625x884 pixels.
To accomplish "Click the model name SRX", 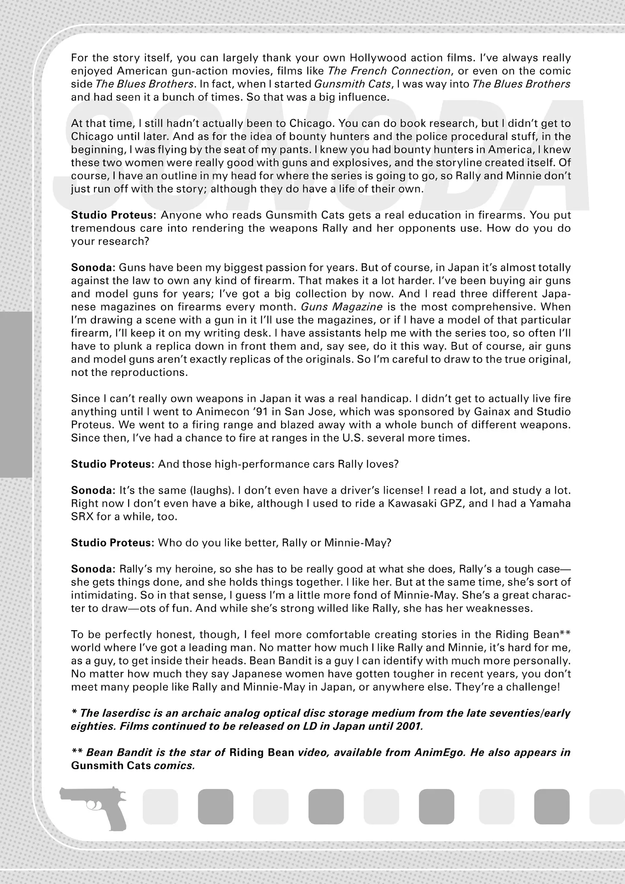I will [82, 517].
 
